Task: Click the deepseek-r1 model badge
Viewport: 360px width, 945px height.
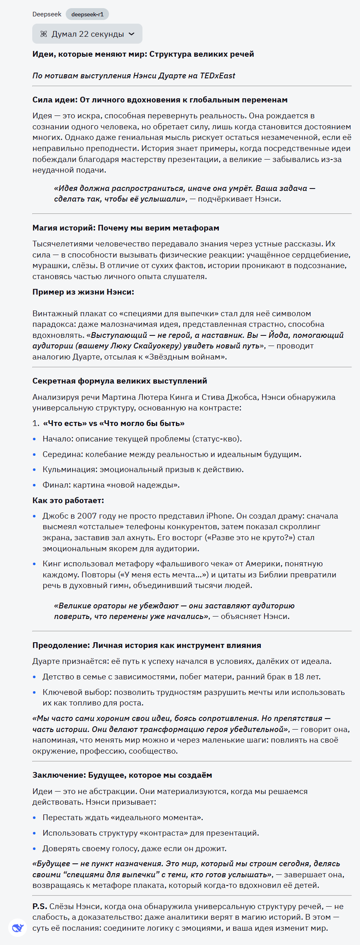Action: [x=87, y=14]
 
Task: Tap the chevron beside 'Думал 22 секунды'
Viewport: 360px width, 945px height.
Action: [x=131, y=34]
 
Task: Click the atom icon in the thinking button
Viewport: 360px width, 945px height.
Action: [x=44, y=34]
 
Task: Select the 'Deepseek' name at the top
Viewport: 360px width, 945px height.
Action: [x=47, y=14]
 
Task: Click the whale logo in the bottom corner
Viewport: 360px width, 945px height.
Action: [x=17, y=928]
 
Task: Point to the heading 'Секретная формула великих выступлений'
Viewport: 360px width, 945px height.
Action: [x=120, y=381]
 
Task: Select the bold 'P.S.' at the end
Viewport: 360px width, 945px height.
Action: [x=40, y=907]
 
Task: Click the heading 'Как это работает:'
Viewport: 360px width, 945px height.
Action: [x=68, y=501]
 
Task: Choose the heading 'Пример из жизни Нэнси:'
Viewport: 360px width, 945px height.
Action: [x=83, y=292]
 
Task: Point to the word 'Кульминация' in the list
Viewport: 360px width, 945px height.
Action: [x=68, y=470]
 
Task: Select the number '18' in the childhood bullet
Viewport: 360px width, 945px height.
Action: [x=299, y=677]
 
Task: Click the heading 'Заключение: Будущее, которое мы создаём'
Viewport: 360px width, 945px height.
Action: [x=122, y=775]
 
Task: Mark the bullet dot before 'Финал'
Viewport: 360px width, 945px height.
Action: [x=34, y=485]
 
